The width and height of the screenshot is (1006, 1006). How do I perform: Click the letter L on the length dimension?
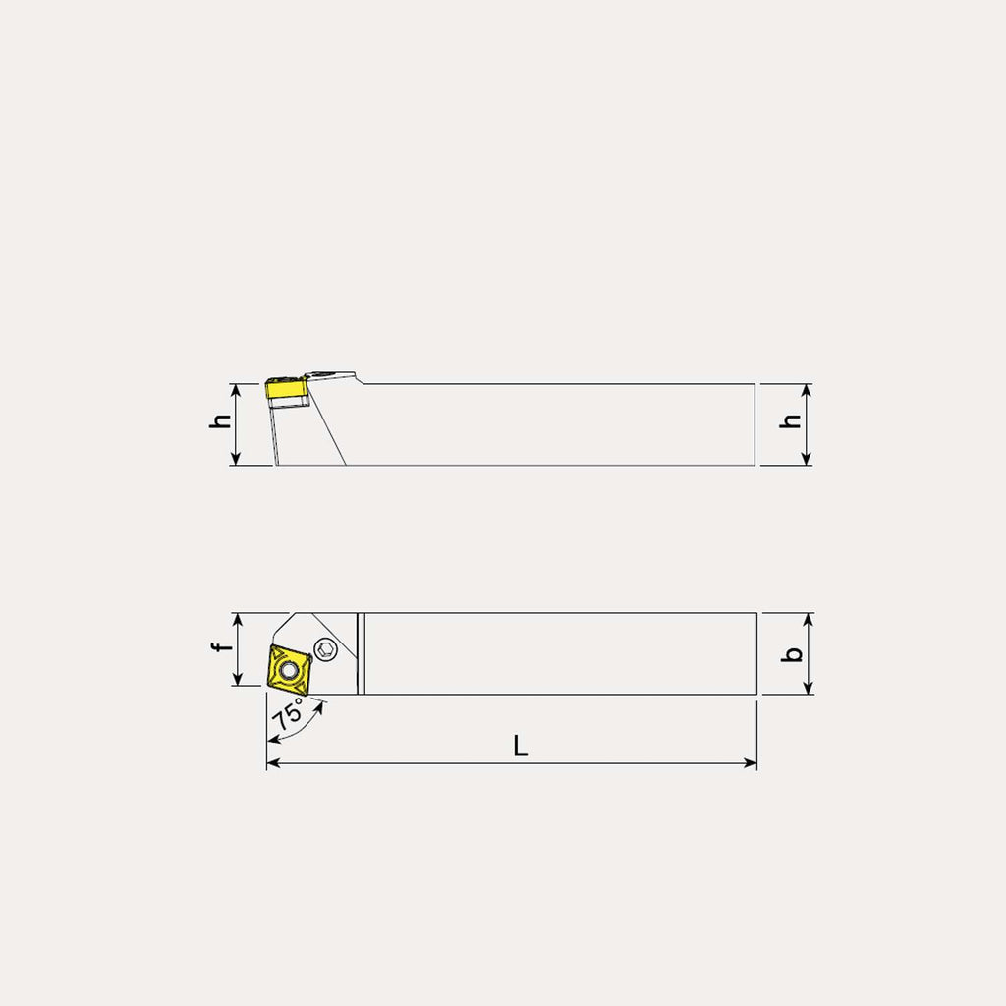(520, 746)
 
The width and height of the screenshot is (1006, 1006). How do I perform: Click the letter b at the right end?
(794, 653)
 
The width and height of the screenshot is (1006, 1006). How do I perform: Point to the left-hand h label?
(220, 420)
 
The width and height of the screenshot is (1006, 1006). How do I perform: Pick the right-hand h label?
(790, 420)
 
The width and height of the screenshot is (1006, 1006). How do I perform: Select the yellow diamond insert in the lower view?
(288, 670)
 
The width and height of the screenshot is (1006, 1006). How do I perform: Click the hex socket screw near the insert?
(326, 649)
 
